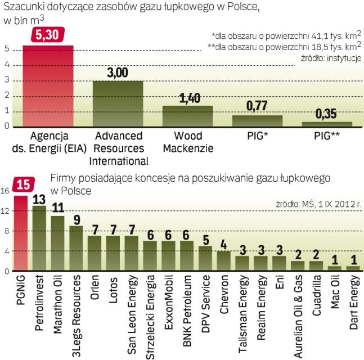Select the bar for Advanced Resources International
coord(118,105)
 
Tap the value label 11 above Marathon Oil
coord(57,208)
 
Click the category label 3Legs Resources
coord(76,307)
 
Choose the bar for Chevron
coord(224,261)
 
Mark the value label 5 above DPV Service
coord(205,238)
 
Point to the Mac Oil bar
coord(334,268)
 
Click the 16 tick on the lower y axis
coord(5,191)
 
